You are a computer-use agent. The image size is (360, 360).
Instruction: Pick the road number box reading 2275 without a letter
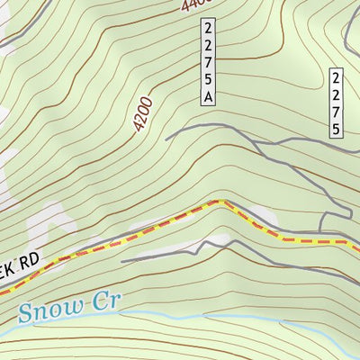pos(336,103)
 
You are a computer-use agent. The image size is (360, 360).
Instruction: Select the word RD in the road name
pos(31,261)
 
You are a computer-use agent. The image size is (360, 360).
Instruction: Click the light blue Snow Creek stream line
pos(180,316)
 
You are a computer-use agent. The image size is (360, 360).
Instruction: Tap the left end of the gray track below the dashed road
pos(122,261)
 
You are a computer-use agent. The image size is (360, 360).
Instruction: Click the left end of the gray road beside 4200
pos(167,137)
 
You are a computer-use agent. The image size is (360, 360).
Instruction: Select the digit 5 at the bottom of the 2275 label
pos(336,128)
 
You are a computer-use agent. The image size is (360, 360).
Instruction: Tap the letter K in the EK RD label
pos(13,269)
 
